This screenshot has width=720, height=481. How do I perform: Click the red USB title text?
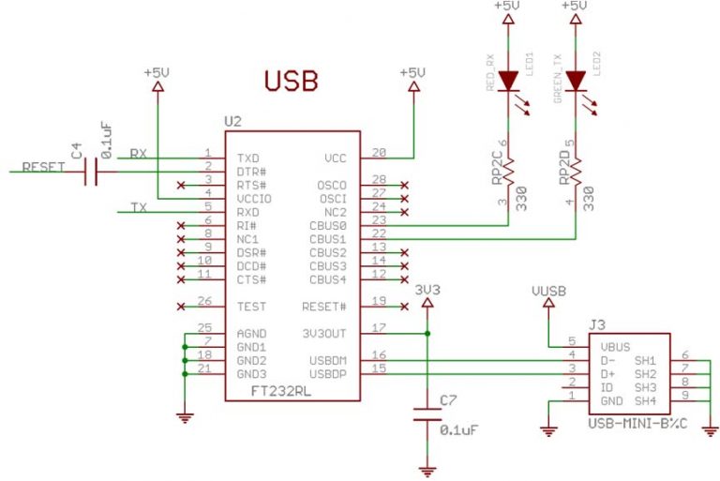pos(290,81)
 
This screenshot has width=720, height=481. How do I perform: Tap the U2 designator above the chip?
pos(233,122)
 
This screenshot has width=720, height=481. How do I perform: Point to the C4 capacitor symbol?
pos(91,172)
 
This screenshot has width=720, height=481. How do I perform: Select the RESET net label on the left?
pos(43,167)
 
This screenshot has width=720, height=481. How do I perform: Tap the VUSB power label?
pos(547,293)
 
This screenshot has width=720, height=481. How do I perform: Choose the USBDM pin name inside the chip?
pos(326,361)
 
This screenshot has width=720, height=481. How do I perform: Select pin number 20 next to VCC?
pos(379,152)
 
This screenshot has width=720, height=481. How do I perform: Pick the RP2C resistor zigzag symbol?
pos(507,172)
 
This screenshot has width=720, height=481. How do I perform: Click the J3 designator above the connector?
pos(597,324)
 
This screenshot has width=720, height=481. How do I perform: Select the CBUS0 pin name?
pos(327,226)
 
